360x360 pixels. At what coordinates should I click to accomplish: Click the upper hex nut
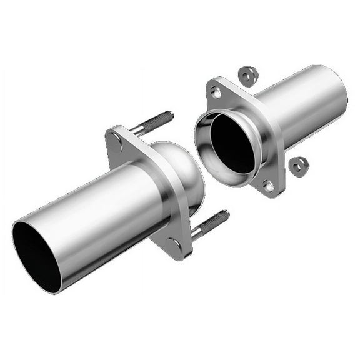248,76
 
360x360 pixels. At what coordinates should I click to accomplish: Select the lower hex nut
299,166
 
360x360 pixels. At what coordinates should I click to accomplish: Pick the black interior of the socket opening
232,143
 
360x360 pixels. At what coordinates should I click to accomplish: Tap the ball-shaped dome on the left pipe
181,169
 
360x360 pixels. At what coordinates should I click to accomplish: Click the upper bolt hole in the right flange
216,92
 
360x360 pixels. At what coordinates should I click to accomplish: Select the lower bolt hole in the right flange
268,186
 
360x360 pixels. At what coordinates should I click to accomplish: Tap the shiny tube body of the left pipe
100,212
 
